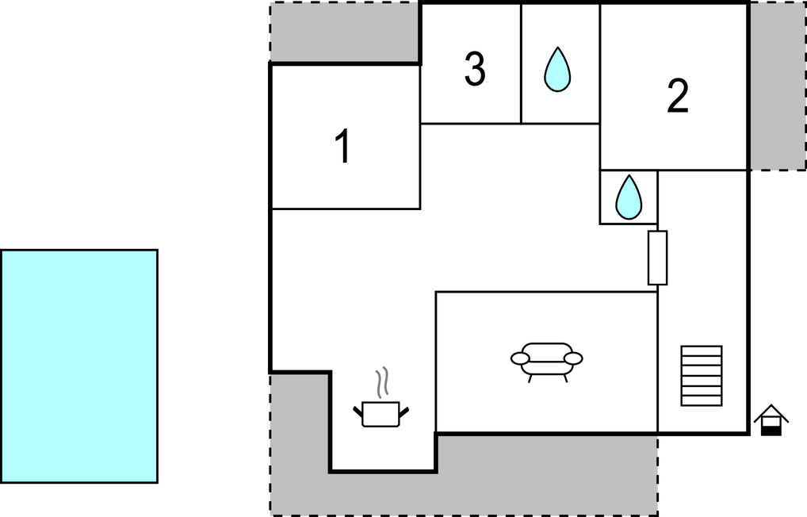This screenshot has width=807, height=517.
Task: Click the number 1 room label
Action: click(x=343, y=146)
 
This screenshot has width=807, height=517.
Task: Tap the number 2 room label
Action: click(x=678, y=96)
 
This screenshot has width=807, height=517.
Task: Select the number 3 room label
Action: click(x=475, y=68)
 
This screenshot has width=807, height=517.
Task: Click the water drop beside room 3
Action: click(x=557, y=70)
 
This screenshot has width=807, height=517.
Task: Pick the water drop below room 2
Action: click(x=629, y=197)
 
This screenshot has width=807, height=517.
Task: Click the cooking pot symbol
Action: click(x=381, y=414)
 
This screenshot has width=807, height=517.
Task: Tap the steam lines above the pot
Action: click(x=381, y=383)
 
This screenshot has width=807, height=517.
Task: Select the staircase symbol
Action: click(x=702, y=376)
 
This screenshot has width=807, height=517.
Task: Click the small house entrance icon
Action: click(x=771, y=420)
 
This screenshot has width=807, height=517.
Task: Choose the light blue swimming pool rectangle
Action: click(x=79, y=366)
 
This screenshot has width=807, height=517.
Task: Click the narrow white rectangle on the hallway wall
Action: click(x=657, y=258)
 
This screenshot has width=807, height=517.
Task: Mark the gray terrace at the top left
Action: click(x=345, y=32)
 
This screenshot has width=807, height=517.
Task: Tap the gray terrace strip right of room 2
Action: click(x=778, y=86)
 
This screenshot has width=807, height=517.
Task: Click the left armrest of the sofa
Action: click(x=520, y=358)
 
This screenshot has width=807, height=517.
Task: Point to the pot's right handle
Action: click(x=404, y=412)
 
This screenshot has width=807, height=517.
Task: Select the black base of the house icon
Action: click(x=771, y=431)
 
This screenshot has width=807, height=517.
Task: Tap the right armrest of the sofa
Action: click(x=573, y=358)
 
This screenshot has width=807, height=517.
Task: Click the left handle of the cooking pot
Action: click(x=358, y=412)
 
